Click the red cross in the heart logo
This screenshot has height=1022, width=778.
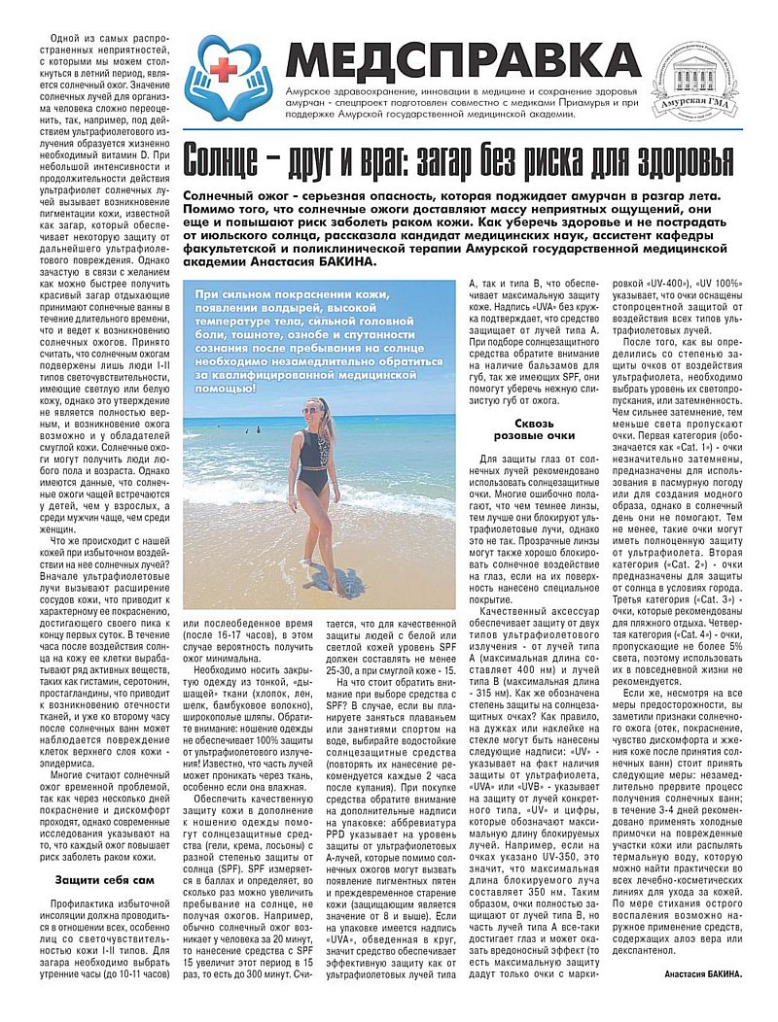point(226,67)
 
